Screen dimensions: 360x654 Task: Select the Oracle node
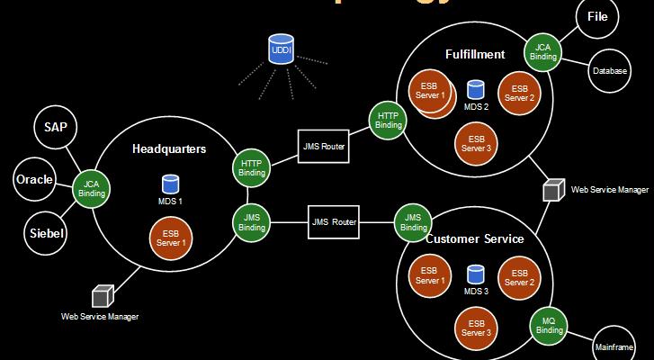click(34, 179)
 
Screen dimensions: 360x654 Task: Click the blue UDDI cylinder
click(280, 51)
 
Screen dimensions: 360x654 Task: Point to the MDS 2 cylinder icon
click(476, 89)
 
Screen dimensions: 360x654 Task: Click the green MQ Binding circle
click(548, 325)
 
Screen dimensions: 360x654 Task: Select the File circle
click(597, 17)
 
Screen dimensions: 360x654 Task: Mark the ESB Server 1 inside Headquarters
click(170, 237)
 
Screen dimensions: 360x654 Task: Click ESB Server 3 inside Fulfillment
click(472, 142)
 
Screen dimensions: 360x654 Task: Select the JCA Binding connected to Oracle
click(91, 187)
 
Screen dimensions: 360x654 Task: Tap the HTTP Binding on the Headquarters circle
click(253, 167)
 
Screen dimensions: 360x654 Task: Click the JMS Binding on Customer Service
click(413, 222)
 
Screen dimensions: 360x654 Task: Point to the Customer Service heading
click(474, 239)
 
